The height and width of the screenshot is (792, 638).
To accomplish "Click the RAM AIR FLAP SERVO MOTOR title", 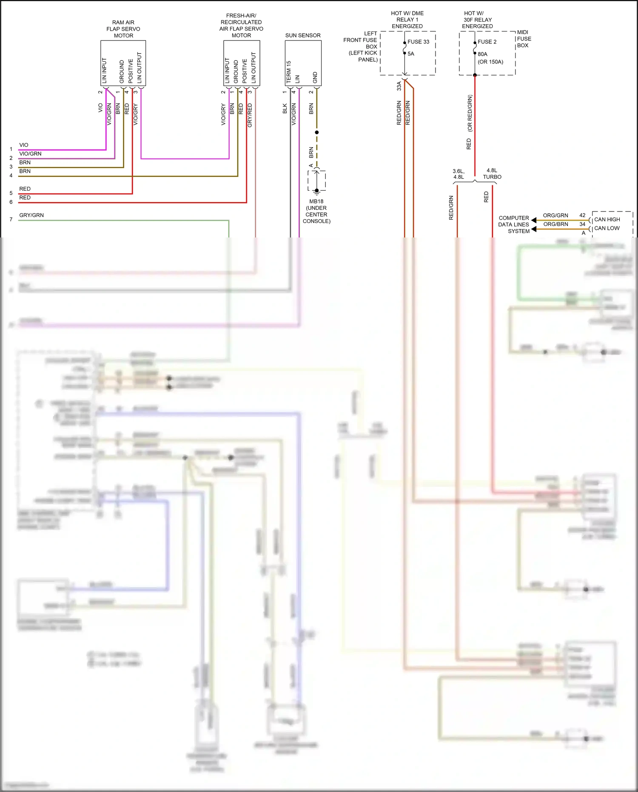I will pyautogui.click(x=123, y=29).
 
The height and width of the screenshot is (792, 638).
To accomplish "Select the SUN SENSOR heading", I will pyautogui.click(x=303, y=35).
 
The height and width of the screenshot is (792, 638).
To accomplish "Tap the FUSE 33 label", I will pyautogui.click(x=418, y=42).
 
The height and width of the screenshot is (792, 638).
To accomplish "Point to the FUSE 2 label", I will pyautogui.click(x=487, y=42).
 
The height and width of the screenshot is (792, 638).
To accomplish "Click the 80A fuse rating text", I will pyautogui.click(x=482, y=54).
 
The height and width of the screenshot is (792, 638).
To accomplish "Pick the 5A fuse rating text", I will pyautogui.click(x=411, y=54).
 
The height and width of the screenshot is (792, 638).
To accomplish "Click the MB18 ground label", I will pyautogui.click(x=316, y=211).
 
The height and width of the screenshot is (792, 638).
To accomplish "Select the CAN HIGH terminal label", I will pyautogui.click(x=607, y=220).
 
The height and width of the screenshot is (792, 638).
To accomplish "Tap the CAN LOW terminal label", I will pyautogui.click(x=607, y=228).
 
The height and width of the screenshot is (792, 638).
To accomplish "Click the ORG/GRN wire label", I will pyautogui.click(x=555, y=215).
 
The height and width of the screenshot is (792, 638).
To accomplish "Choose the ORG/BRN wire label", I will pyautogui.click(x=555, y=224).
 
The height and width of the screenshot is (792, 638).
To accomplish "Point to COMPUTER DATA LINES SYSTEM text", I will pyautogui.click(x=514, y=224).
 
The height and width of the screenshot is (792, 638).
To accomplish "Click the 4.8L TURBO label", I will pyautogui.click(x=492, y=174).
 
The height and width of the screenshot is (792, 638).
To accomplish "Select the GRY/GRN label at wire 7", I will pyautogui.click(x=31, y=215).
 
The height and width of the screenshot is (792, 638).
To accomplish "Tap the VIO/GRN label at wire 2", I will pyautogui.click(x=30, y=154).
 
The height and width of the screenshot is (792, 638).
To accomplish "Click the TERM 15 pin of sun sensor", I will pyautogui.click(x=288, y=71).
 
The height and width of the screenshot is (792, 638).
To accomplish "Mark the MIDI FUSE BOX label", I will pyautogui.click(x=524, y=39).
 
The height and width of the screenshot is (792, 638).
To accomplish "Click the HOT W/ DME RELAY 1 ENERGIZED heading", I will pyautogui.click(x=407, y=20).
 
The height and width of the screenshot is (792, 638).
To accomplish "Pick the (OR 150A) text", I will pyautogui.click(x=490, y=62).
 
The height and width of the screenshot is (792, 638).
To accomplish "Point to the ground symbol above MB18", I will pyautogui.click(x=317, y=192).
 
